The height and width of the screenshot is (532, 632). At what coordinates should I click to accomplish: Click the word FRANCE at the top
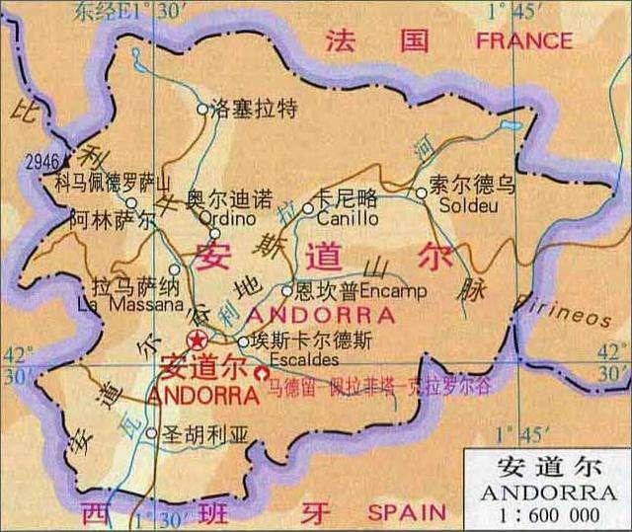(x=523, y=40)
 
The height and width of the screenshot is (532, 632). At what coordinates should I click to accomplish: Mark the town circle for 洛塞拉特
(x=203, y=110)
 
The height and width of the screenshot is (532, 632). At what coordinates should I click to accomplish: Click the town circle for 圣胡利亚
(x=150, y=432)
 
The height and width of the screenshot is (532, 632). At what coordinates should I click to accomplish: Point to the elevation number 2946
(x=43, y=161)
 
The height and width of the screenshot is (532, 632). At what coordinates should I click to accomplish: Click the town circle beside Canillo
(x=308, y=208)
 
